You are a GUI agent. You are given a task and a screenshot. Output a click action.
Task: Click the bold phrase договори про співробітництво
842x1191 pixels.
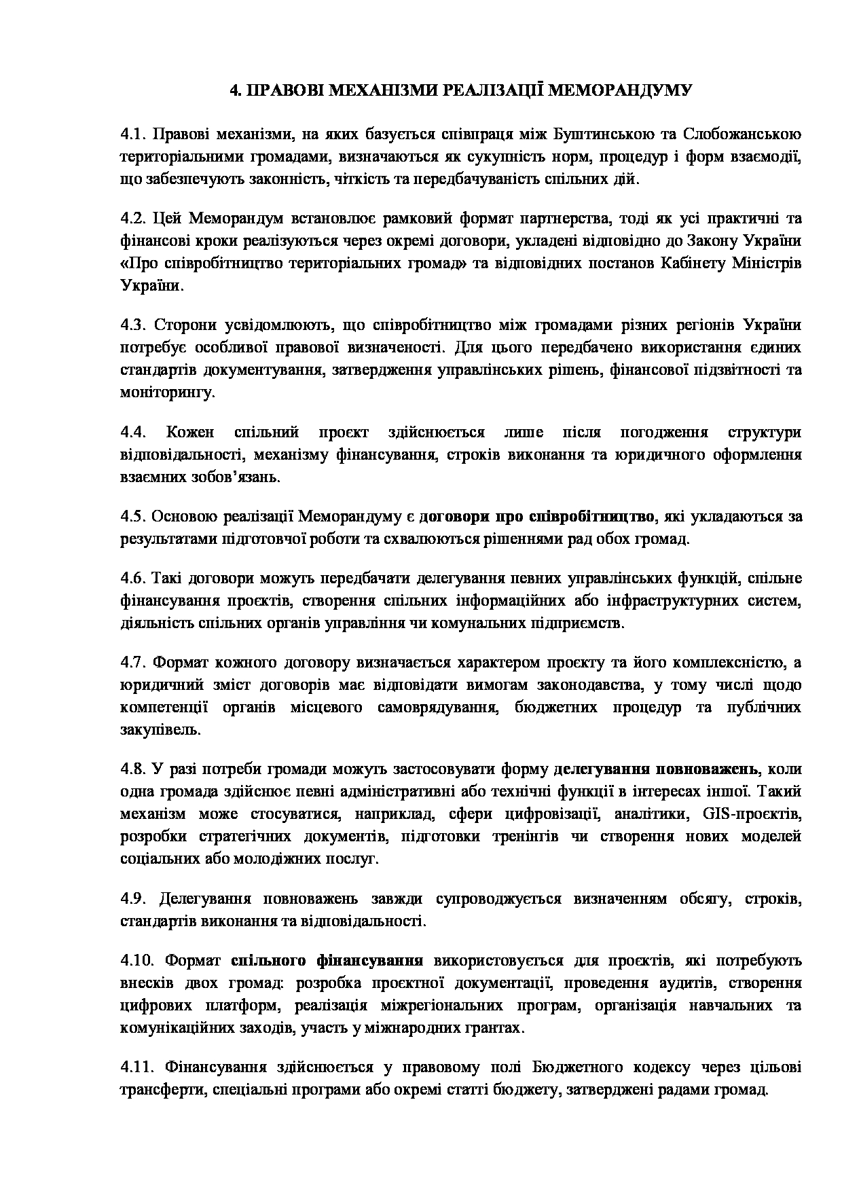pos(536,517)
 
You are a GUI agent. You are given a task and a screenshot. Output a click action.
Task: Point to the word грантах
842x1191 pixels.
pos(488,1028)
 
